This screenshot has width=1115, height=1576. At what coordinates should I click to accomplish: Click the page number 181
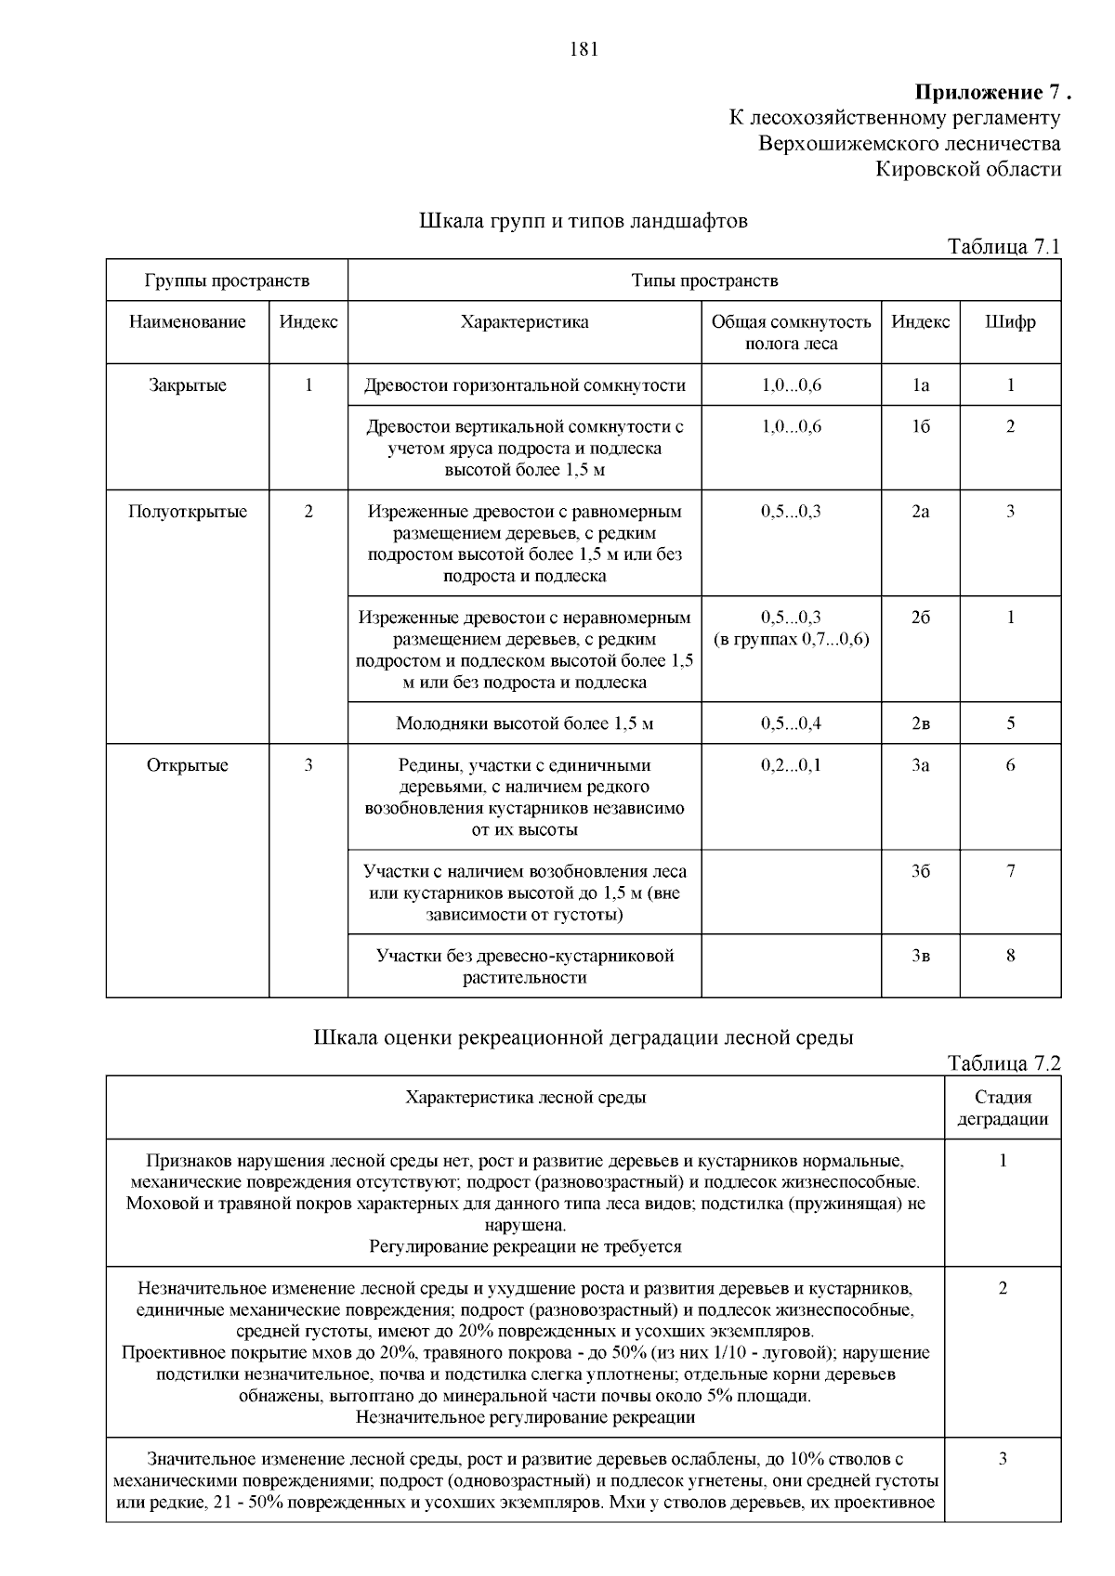pos(583,50)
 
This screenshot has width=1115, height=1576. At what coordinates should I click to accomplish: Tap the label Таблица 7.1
pos(1003,246)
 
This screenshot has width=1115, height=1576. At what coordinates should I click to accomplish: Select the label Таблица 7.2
pos(1003,1063)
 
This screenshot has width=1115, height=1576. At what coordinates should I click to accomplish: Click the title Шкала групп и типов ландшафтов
pos(583,222)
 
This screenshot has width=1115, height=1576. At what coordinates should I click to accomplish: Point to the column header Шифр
pos(1010,322)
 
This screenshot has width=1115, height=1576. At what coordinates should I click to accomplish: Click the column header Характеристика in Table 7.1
pos(524,322)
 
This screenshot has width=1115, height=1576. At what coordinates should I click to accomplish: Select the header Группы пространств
pos(227,280)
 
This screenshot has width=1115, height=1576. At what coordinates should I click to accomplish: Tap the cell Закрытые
pos(188,385)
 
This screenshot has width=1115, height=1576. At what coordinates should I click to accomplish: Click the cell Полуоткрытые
pos(188,512)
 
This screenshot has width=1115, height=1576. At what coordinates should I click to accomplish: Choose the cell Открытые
pos(188,765)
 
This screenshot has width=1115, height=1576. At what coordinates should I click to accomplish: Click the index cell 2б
pos(920,618)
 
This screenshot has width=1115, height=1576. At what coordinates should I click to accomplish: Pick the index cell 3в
pos(920,956)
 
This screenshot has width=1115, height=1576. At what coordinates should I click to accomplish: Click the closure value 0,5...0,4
pos(791,723)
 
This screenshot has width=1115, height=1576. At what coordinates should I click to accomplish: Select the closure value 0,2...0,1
pos(791,765)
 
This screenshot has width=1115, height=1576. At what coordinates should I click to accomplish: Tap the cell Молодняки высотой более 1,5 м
pos(524,723)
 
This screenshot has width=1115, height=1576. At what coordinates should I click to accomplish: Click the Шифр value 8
pos(1010,956)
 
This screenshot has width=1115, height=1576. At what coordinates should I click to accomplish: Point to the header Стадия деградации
pos(1003,1108)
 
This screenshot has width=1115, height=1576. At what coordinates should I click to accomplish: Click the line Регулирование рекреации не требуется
pos(525,1246)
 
